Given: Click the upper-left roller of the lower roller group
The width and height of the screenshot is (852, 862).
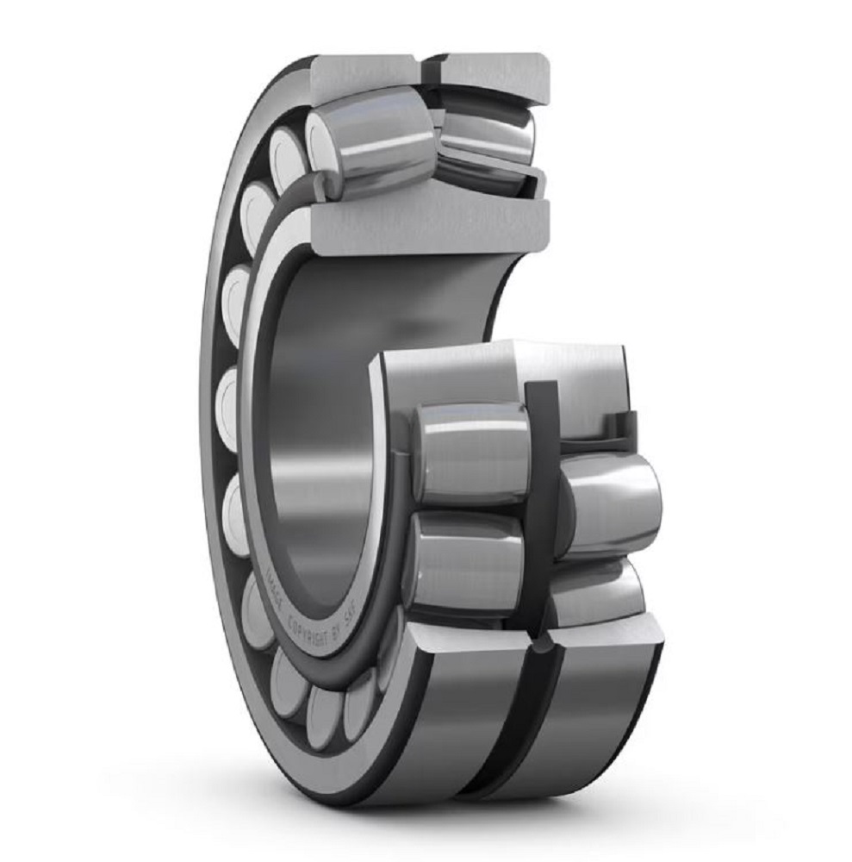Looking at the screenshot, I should click(470, 453).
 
